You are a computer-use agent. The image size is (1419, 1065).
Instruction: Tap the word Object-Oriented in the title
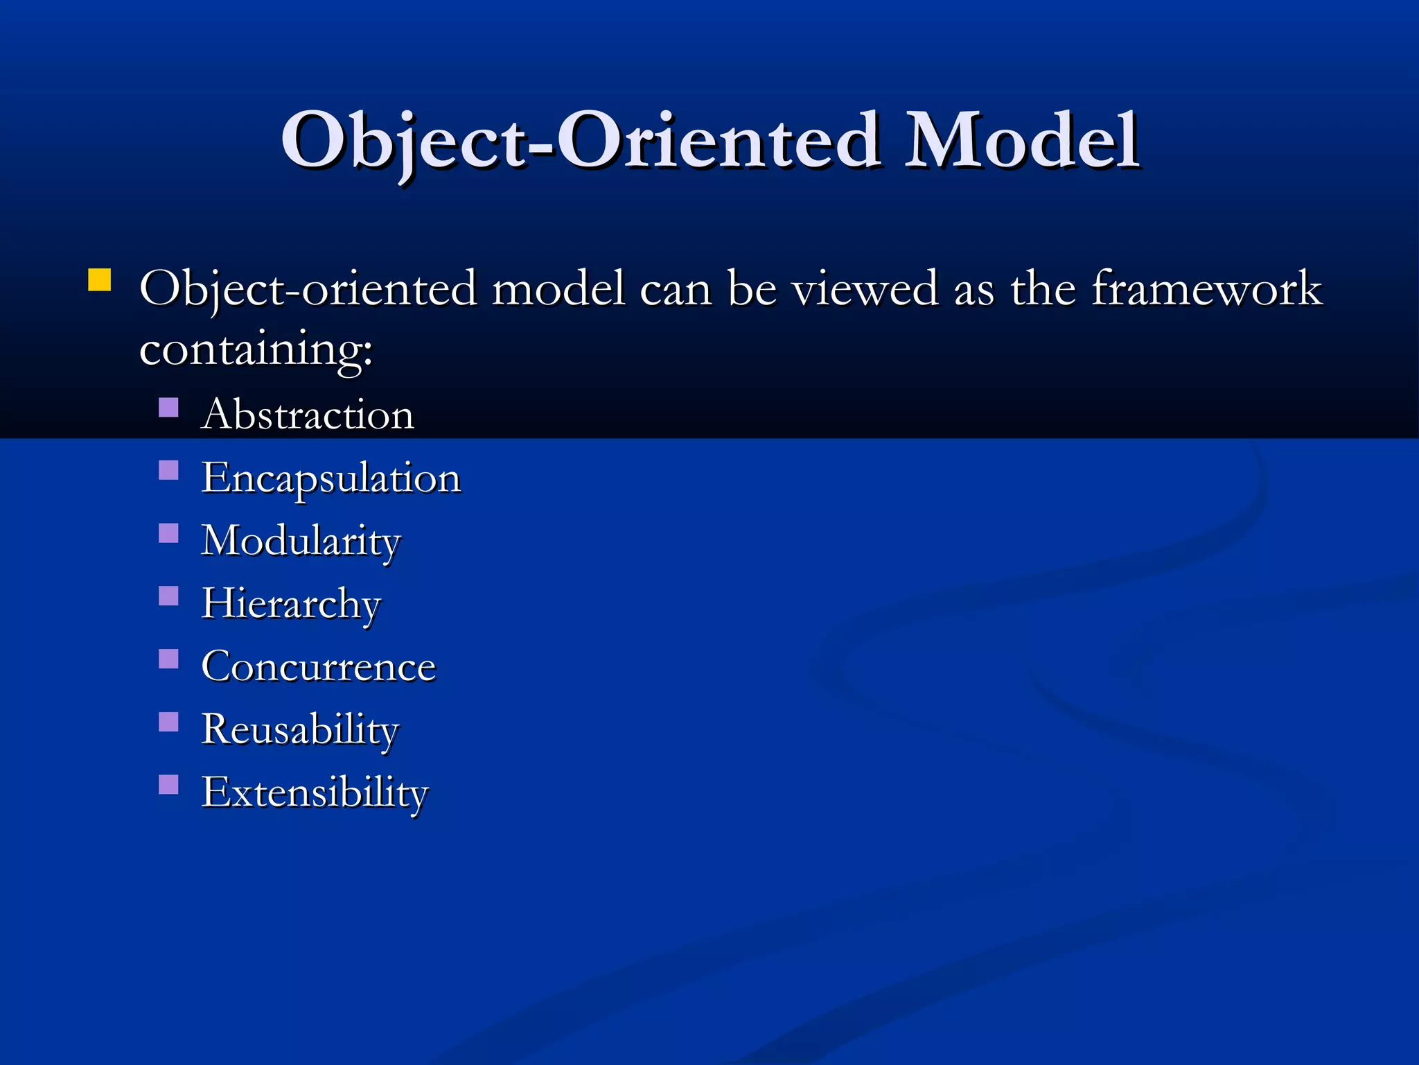pyautogui.click(x=581, y=142)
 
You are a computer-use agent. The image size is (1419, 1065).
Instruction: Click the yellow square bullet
pyautogui.click(x=100, y=280)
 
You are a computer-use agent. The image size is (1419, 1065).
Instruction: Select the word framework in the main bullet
pyautogui.click(x=1207, y=288)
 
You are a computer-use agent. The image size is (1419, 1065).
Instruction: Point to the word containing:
pyautogui.click(x=256, y=349)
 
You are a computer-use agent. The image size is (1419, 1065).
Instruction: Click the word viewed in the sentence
pyautogui.click(x=865, y=288)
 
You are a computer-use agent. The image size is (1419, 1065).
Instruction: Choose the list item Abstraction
pyautogui.click(x=308, y=415)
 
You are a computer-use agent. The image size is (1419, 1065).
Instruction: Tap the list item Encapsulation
pyautogui.click(x=331, y=478)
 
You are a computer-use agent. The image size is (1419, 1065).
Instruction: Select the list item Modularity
pyautogui.click(x=301, y=541)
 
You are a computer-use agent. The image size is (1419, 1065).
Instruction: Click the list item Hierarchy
pyautogui.click(x=291, y=604)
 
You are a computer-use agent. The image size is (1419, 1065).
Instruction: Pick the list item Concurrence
pyautogui.click(x=319, y=667)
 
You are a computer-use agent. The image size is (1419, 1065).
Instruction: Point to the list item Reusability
pyautogui.click(x=300, y=730)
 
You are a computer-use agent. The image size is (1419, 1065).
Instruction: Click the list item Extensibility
pyautogui.click(x=315, y=793)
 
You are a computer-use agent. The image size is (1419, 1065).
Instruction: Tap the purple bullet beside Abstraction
pyautogui.click(x=168, y=407)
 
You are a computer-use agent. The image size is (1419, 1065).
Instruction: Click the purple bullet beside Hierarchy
pyautogui.click(x=168, y=596)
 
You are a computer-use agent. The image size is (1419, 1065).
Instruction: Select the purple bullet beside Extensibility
pyautogui.click(x=168, y=784)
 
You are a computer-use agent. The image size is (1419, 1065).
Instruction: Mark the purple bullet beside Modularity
pyautogui.click(x=168, y=533)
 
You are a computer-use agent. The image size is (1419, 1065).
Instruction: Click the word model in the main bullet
pyautogui.click(x=558, y=288)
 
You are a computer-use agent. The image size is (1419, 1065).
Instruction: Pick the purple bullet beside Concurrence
pyautogui.click(x=168, y=659)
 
